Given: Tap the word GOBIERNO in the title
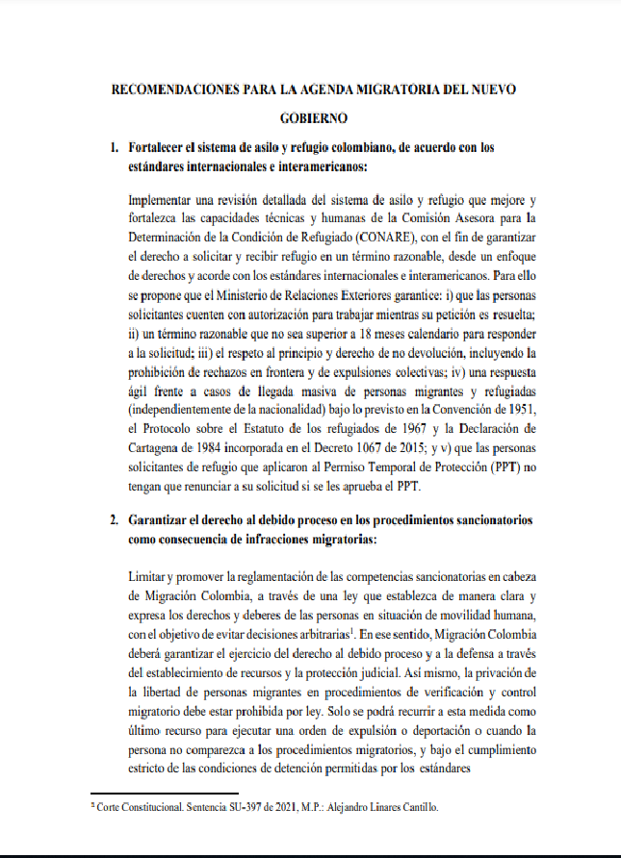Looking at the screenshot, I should (313, 119).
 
